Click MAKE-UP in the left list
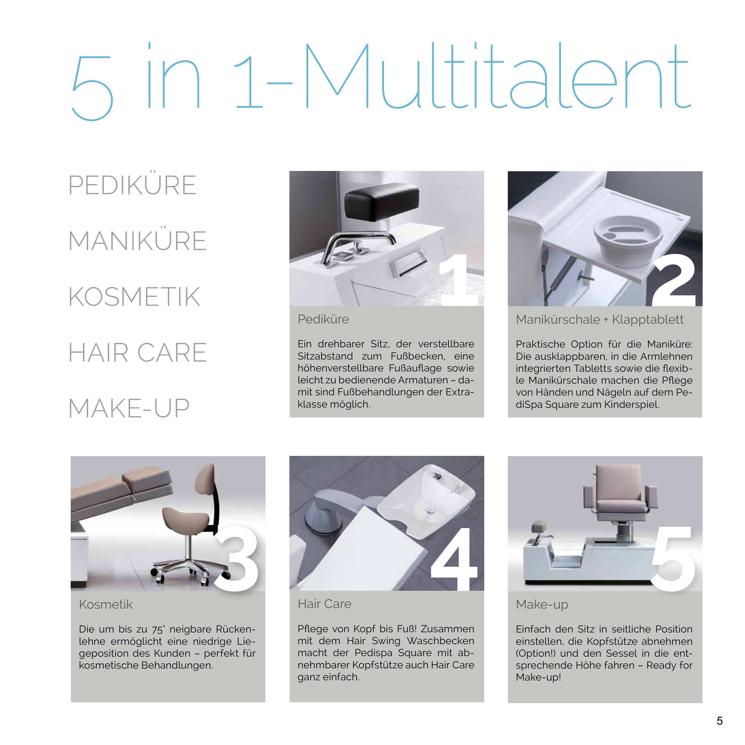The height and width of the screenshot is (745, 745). click(129, 408)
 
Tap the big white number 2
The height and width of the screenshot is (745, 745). click(673, 279)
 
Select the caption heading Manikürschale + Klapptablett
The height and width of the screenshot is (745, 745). click(600, 320)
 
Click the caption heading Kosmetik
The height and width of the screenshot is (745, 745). click(106, 604)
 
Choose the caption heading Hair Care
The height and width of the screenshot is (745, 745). click(324, 604)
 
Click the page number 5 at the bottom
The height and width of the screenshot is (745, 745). click(720, 721)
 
